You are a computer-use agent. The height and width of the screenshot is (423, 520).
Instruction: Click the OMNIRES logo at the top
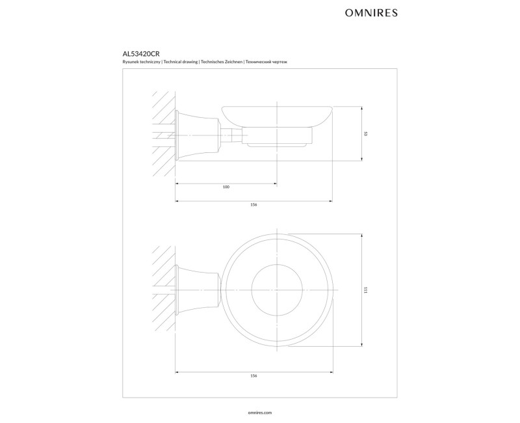(371, 13)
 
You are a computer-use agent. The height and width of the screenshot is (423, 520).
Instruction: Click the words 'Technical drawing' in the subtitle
(181, 62)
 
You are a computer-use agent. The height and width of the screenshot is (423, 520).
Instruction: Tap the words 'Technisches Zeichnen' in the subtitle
(221, 62)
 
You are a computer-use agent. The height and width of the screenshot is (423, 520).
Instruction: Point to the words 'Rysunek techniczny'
(142, 62)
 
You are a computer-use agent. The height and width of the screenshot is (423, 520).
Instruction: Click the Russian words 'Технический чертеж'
(266, 62)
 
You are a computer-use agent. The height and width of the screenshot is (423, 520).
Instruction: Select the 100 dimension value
(226, 187)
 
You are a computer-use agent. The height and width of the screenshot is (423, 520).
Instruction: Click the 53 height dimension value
(365, 134)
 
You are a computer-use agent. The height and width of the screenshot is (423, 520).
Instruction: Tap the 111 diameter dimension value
(365, 290)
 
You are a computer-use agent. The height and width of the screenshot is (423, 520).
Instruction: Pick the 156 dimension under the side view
(253, 205)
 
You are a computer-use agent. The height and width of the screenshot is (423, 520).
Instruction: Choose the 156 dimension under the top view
(253, 376)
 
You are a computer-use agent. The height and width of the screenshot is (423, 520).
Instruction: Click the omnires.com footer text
(259, 413)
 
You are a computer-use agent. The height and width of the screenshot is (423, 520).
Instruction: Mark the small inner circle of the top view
(252, 290)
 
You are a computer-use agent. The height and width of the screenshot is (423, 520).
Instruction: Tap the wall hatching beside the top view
(164, 289)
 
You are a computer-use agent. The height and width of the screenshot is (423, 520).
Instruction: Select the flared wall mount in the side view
(198, 135)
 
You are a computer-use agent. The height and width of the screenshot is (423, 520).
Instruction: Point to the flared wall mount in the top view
(198, 290)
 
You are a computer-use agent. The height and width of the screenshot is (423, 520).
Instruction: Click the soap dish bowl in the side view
(277, 116)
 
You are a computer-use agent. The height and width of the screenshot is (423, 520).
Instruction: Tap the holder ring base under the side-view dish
(277, 137)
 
